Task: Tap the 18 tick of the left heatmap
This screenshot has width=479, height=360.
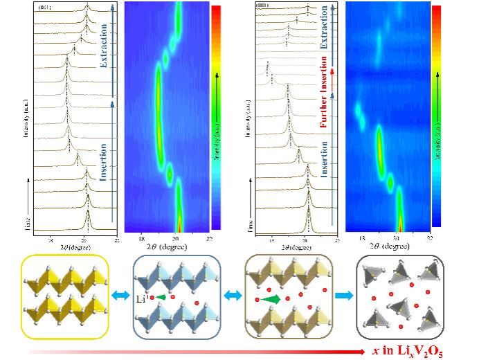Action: [x=141, y=237]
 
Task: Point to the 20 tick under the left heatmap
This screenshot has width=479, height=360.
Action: [x=177, y=237]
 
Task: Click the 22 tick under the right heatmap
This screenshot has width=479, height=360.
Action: [x=429, y=237]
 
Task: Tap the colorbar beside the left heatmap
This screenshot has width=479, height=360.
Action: [x=216, y=117]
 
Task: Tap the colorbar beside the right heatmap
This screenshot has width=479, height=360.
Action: [x=436, y=117]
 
